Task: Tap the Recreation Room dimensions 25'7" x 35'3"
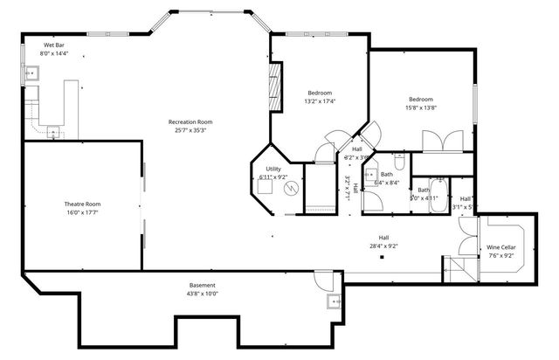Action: (190, 130)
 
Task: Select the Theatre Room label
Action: (82, 204)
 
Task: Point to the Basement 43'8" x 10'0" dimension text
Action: (203, 294)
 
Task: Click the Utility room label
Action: (273, 169)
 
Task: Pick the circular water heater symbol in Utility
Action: (292, 189)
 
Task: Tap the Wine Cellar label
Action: (501, 247)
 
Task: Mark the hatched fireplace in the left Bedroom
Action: (276, 87)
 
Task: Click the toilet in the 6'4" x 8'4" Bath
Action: (397, 162)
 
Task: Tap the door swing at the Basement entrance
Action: (323, 281)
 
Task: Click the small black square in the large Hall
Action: (381, 256)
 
